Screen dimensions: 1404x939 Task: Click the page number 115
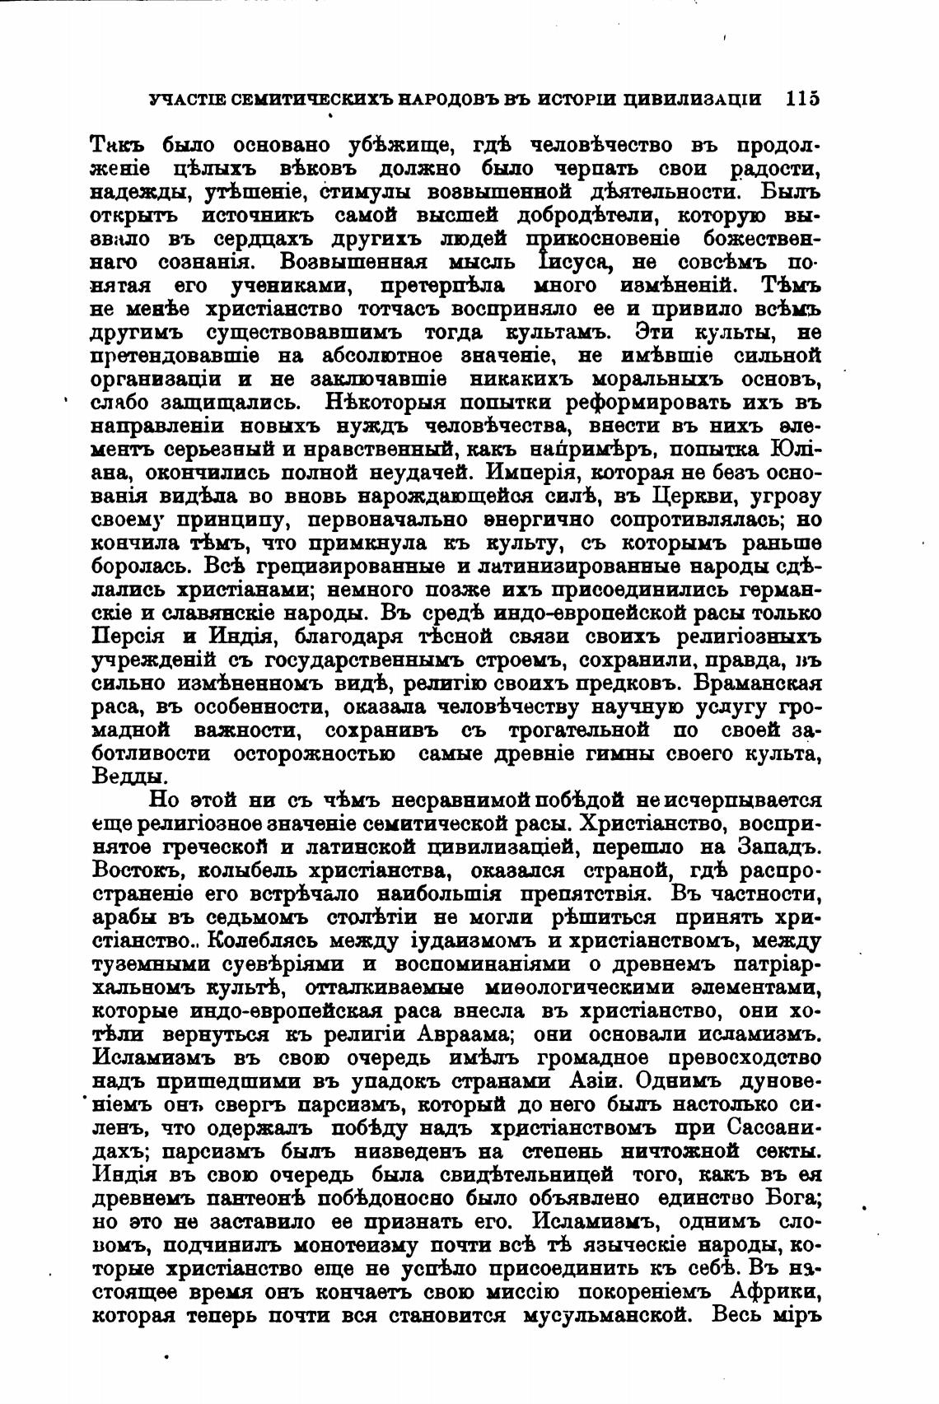coord(803,99)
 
